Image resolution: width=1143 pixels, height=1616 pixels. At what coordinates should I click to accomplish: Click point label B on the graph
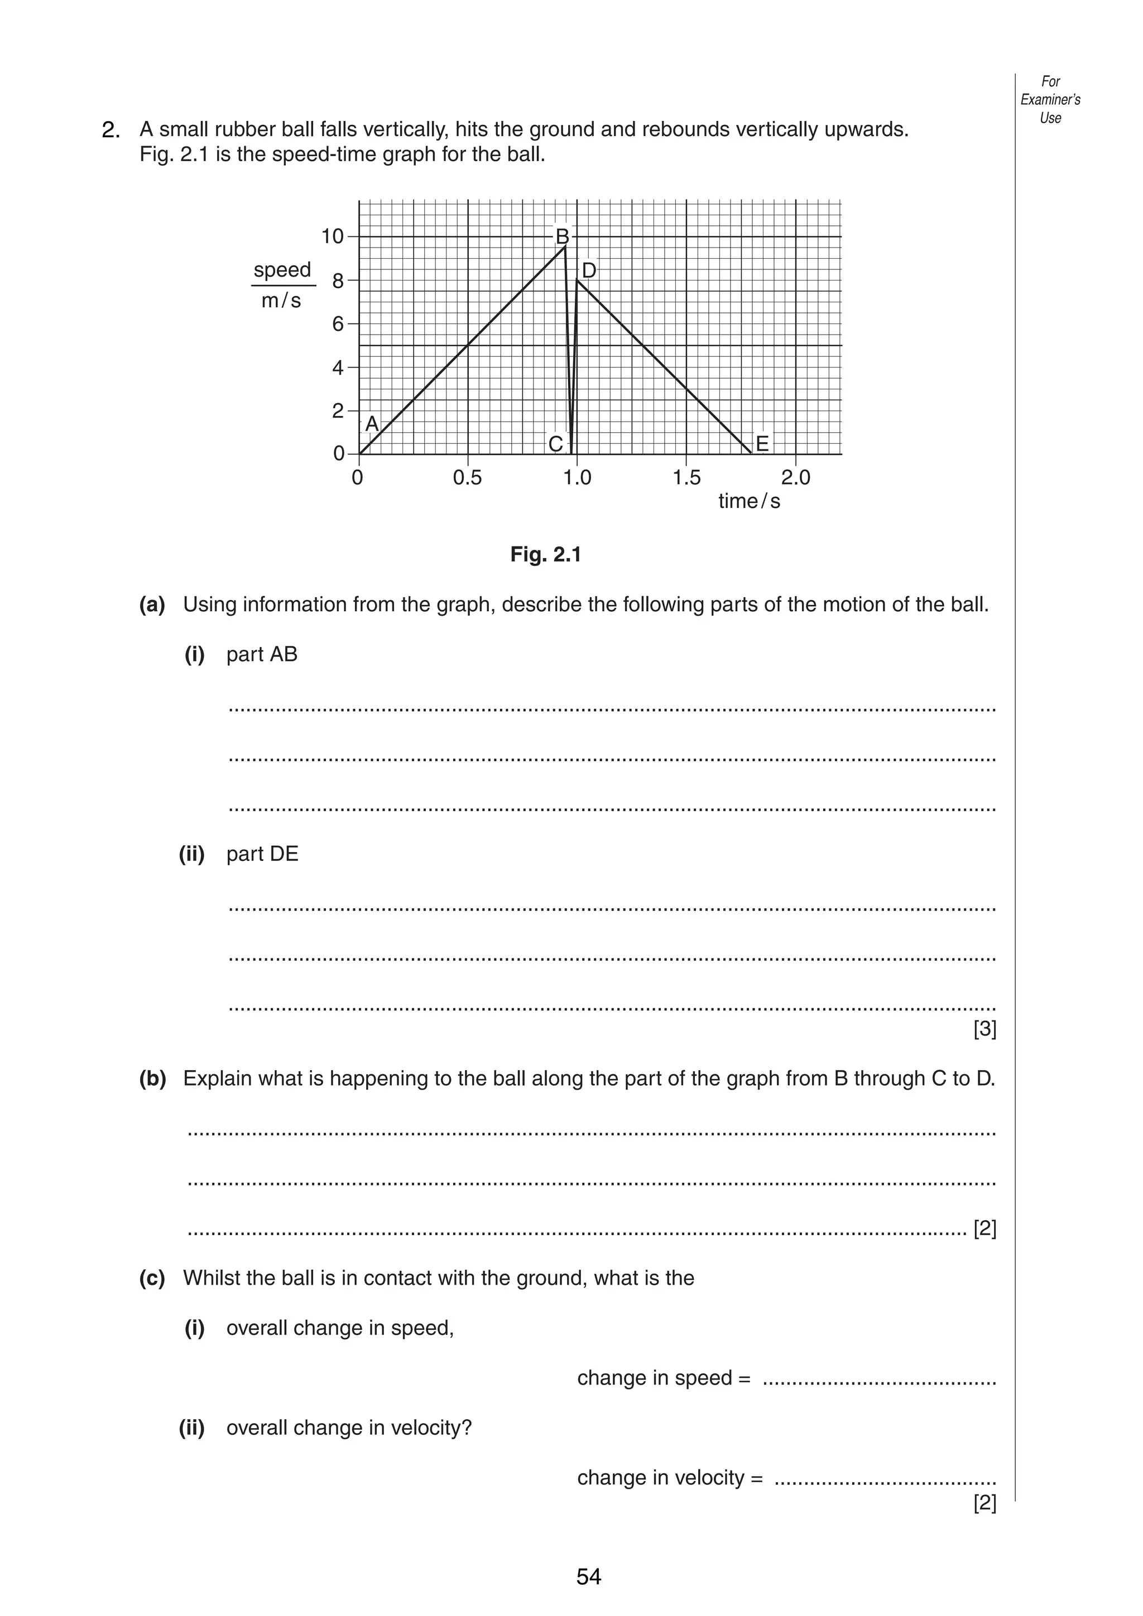point(562,235)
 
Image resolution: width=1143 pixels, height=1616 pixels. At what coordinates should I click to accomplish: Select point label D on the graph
point(589,271)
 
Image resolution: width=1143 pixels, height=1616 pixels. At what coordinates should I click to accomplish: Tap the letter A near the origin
point(372,424)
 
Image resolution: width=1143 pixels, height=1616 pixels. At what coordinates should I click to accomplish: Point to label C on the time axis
point(555,444)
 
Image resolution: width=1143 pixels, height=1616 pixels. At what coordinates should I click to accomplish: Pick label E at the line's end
point(761,444)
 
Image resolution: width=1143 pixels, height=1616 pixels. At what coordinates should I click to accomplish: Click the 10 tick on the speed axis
point(333,236)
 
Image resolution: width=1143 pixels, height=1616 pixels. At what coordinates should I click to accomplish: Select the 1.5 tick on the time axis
point(686,478)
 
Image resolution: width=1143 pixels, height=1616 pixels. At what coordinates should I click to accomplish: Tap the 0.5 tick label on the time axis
point(468,478)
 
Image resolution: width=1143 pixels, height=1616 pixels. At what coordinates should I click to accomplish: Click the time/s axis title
point(748,501)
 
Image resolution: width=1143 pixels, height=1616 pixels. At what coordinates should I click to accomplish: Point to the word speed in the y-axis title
point(282,270)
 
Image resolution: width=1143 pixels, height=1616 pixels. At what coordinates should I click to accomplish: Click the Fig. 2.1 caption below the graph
point(546,555)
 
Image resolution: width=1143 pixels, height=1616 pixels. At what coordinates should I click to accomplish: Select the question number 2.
point(111,130)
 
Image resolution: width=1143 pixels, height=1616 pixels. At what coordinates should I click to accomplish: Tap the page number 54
point(589,1576)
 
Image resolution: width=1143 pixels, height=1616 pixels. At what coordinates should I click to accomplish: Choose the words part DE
point(262,854)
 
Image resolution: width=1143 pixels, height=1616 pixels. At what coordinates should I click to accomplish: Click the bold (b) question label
point(153,1078)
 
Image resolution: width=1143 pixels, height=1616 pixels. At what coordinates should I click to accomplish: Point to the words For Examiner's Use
point(1050,100)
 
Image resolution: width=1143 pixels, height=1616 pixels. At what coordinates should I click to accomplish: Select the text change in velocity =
point(670,1477)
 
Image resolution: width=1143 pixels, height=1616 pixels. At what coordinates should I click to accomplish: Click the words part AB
point(262,655)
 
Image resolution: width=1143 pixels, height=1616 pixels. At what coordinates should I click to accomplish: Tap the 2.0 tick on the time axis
point(796,478)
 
